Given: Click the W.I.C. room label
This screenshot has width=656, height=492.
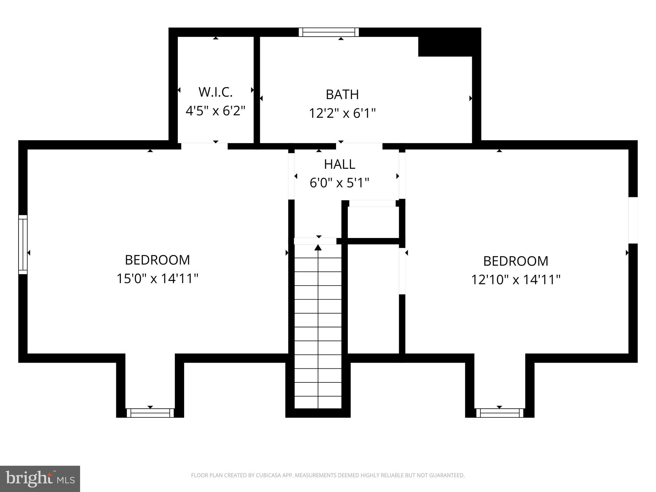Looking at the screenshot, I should point(215,92).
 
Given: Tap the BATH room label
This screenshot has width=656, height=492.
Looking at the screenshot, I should point(342,94).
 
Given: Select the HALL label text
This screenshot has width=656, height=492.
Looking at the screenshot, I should point(340,164).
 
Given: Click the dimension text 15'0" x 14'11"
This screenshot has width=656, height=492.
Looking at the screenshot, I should point(157,278).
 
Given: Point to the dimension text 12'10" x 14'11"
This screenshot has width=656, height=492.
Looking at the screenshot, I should point(515,280).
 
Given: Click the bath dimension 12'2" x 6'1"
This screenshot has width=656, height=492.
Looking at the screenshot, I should point(342,113).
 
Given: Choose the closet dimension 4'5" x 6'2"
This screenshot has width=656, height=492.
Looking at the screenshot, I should point(215,111).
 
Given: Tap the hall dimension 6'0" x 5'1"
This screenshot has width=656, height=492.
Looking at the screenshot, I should point(340,183).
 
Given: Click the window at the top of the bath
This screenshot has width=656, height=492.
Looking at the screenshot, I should point(329,32).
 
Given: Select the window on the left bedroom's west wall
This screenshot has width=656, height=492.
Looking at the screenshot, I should point(23,244).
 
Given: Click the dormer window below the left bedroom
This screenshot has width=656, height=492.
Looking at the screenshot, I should point(150,413).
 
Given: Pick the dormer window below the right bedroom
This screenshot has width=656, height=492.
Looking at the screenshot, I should point(499,413).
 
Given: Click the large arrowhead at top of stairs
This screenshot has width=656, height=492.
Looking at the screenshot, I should point(318,247).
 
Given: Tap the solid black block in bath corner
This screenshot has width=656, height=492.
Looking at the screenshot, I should point(448,45).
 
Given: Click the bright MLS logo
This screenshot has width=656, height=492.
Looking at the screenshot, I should point(40,479).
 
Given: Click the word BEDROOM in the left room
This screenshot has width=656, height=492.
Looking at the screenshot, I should point(157,260).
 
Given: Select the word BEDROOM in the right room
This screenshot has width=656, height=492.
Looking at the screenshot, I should point(515,261).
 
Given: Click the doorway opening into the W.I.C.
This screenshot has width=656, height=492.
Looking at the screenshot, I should point(204,146).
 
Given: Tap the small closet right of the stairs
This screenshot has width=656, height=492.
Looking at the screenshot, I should point(373,222).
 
